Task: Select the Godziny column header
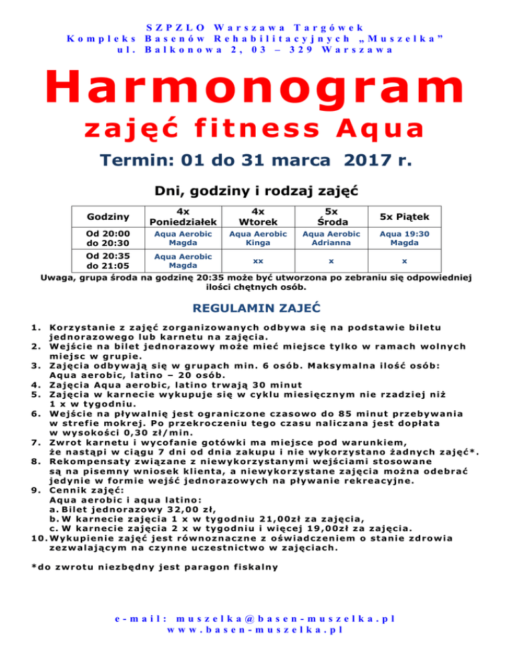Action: tap(107, 216)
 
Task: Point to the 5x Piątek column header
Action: tap(404, 216)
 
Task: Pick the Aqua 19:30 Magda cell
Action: tap(404, 238)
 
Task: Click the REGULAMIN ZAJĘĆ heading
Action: tap(256, 309)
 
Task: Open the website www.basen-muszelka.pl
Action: tap(256, 629)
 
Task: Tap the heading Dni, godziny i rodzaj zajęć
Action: tap(256, 190)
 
